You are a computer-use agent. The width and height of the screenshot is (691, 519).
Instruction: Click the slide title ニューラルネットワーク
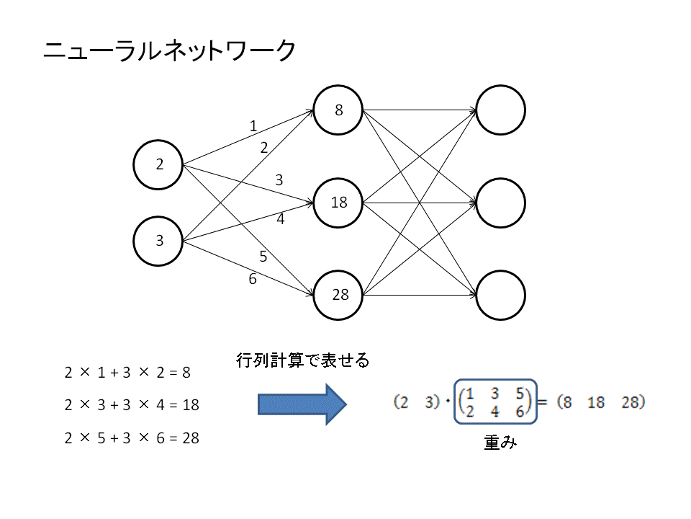point(169,52)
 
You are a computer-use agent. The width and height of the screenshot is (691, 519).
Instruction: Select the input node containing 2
point(158,164)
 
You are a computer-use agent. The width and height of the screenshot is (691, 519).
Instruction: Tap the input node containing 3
point(158,241)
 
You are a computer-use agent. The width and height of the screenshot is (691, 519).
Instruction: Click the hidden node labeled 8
point(338,110)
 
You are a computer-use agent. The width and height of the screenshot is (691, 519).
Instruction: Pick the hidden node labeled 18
point(338,203)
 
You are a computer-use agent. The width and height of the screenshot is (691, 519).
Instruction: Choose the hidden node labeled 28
point(338,294)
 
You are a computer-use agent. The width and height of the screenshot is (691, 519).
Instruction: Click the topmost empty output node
point(500,110)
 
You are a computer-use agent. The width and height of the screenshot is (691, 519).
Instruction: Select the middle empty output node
point(500,203)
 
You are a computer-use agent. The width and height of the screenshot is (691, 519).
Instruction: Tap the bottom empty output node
point(500,294)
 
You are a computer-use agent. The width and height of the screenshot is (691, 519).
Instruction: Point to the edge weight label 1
point(253,126)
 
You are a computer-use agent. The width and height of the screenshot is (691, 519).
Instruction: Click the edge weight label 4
point(281,219)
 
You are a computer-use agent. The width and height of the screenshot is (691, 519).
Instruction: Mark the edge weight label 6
point(253,279)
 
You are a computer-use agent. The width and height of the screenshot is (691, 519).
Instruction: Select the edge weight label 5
point(263,256)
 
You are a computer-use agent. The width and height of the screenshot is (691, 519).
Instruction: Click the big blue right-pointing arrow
point(302,404)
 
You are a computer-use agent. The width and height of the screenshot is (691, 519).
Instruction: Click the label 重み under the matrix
point(500,443)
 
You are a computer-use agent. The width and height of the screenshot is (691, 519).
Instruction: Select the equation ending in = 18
point(131,405)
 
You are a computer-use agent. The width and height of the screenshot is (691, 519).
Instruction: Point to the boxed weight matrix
point(495,402)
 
